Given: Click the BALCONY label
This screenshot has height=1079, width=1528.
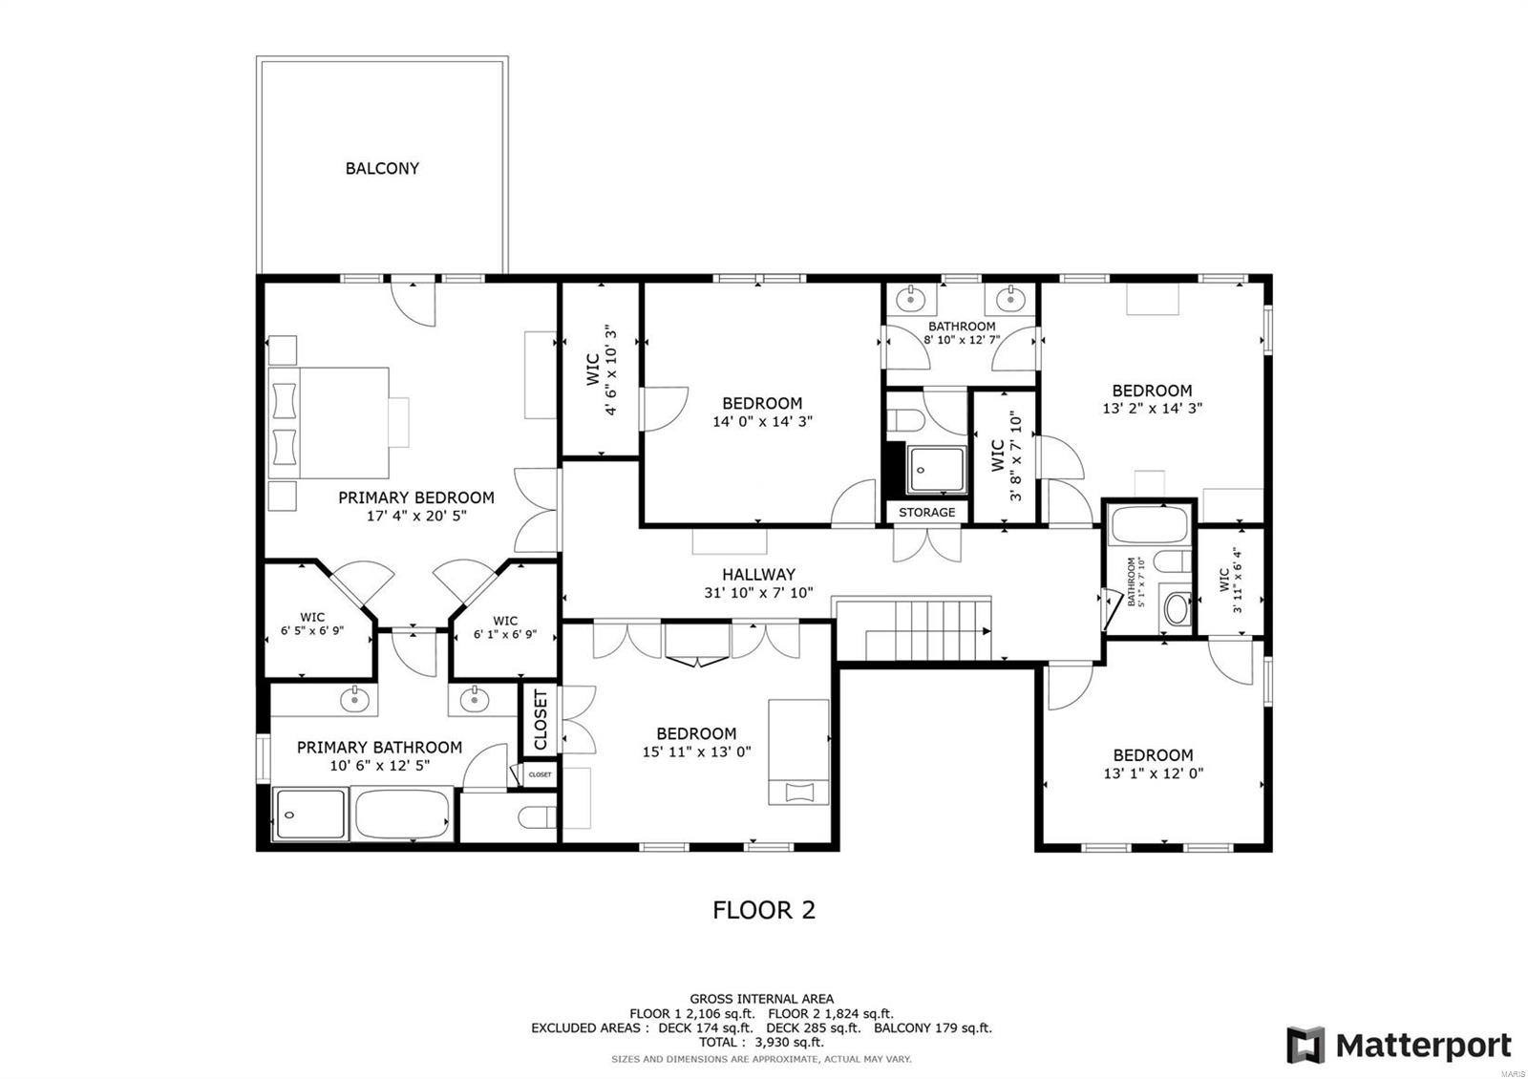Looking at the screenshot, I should pyautogui.click(x=382, y=168).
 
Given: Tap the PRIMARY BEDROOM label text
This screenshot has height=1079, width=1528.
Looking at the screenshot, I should pyautogui.click(x=416, y=497).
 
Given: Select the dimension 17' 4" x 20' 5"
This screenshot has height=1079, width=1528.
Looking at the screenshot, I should pyautogui.click(x=416, y=517).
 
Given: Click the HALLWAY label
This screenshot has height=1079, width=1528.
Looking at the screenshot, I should pyautogui.click(x=758, y=574).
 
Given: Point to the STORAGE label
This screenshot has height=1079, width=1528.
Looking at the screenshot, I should pyautogui.click(x=926, y=512).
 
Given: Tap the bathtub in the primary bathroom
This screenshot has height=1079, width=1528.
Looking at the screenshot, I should pyautogui.click(x=402, y=815).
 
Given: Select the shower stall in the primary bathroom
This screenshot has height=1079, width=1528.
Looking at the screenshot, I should pyautogui.click(x=309, y=815).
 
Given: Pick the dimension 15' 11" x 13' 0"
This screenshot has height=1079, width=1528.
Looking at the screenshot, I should pyautogui.click(x=696, y=751).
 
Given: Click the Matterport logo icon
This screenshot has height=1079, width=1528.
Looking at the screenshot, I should pyautogui.click(x=1305, y=1045).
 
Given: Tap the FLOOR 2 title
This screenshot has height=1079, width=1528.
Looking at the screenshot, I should pyautogui.click(x=764, y=909).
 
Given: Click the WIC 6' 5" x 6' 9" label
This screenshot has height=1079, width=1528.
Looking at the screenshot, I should pyautogui.click(x=312, y=624).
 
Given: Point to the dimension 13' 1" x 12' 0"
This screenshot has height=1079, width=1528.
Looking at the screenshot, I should pyautogui.click(x=1153, y=773).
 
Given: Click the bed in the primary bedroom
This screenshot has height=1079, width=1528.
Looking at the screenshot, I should pyautogui.click(x=329, y=423).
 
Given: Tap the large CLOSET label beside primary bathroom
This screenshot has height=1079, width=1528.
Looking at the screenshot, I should pyautogui.click(x=541, y=719).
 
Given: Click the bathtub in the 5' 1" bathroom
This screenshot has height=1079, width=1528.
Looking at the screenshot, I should pyautogui.click(x=1148, y=525).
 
